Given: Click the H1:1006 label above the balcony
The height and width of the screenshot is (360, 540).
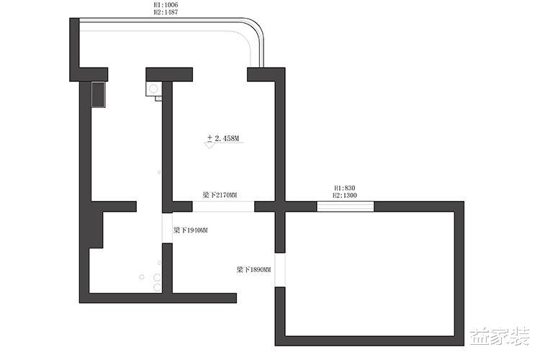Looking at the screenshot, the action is point(166,5).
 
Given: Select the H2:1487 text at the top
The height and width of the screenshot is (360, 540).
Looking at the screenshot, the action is point(166,12).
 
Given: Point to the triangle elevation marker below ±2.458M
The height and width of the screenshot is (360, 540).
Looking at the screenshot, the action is point(209,145).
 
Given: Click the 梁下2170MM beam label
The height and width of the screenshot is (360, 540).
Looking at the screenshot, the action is point(220,195).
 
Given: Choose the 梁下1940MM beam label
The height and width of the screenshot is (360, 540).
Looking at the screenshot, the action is point(191,230).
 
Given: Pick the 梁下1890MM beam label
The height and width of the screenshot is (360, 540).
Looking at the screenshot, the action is point(253,269).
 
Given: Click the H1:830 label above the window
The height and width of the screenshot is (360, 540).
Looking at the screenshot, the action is point(345,188).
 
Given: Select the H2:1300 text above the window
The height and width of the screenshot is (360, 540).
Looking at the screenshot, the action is point(345,195).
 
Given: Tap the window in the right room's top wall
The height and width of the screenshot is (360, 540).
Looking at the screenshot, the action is point(345,207).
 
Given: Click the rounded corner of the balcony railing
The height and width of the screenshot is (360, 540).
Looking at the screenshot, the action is point(257,27).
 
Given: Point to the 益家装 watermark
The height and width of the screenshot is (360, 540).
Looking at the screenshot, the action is point(500,336).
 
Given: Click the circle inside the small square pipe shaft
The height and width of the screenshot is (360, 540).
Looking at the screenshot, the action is point(153,89).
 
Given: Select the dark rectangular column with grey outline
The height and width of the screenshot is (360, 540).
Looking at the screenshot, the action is point(98,95).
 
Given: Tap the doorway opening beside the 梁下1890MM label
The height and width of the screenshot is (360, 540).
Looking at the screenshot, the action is point(280,270).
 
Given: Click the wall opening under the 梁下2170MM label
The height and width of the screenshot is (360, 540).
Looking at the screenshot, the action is point(223,207).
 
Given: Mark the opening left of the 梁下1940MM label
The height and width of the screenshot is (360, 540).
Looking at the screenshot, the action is point(167,228).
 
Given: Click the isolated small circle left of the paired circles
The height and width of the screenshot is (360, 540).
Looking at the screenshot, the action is point(142,276).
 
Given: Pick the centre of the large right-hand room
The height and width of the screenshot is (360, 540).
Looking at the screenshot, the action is point(369,274).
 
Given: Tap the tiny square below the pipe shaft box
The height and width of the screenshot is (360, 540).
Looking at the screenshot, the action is point(158,99).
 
